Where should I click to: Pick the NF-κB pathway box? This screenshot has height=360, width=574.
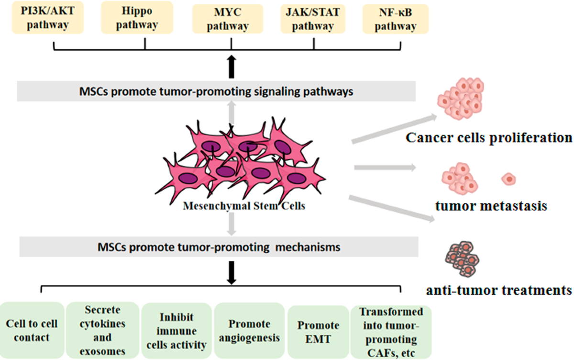tap(395, 19)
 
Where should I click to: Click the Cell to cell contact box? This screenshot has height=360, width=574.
tap(32, 330)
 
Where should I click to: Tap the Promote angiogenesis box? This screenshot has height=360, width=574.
tap(249, 330)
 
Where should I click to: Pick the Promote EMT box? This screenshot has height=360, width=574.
tap(318, 330)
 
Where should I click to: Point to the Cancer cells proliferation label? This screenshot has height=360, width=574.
tap(489, 138)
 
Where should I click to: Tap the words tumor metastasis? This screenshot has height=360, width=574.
tap(491, 207)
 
